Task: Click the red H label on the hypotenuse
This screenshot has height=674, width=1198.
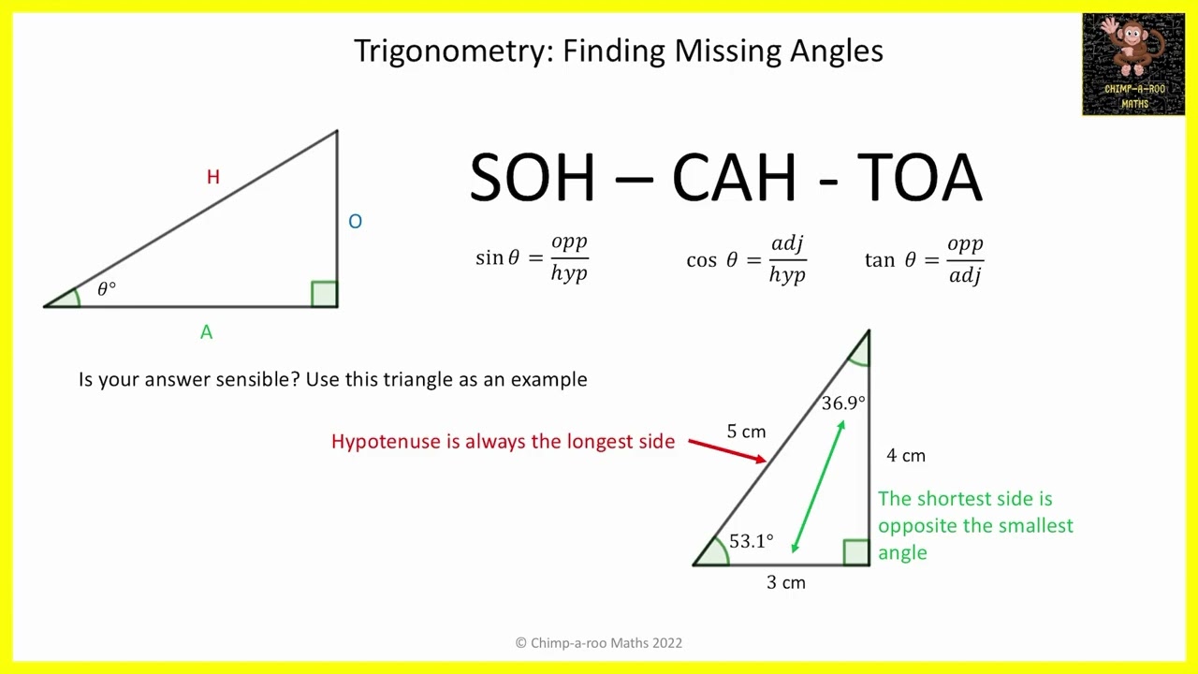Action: [x=213, y=177]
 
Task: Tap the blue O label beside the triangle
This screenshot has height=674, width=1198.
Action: [x=355, y=222]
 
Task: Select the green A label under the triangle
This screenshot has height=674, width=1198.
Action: [x=206, y=332]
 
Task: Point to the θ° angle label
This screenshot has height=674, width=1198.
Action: [x=107, y=289]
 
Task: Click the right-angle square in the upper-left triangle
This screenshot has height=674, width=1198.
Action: [x=324, y=294]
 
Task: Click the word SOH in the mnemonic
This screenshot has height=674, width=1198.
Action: [x=532, y=178]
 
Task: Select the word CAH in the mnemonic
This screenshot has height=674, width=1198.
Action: [x=733, y=178]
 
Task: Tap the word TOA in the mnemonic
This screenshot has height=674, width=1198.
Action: [x=919, y=178]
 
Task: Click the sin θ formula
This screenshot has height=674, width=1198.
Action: [x=532, y=258]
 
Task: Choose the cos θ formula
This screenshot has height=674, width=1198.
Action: [x=746, y=259]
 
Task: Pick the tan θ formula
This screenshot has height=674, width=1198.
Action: [x=924, y=259]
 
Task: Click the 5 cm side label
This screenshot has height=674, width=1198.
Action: [x=746, y=432]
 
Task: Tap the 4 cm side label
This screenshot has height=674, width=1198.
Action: [x=905, y=456]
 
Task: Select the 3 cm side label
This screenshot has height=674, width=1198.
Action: [x=785, y=582]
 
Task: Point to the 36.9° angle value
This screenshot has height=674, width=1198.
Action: [x=843, y=403]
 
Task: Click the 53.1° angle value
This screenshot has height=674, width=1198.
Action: [x=751, y=541]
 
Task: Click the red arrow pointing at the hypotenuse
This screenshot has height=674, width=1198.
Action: [x=727, y=450]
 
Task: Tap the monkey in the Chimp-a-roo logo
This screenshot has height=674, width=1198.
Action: [x=1131, y=47]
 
